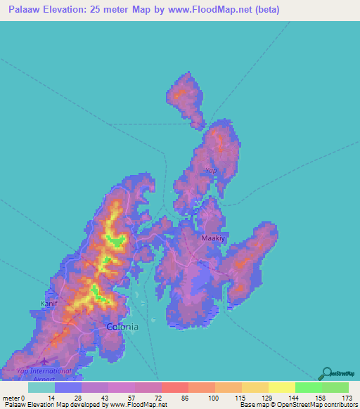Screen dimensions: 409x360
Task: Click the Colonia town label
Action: pyautogui.click(x=122, y=327)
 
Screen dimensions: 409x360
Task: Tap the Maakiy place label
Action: pyautogui.click(x=214, y=238)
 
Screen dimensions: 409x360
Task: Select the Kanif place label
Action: pyautogui.click(x=49, y=304)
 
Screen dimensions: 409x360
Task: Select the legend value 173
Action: pyautogui.click(x=347, y=398)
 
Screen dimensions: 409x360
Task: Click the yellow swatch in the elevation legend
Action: pyautogui.click(x=281, y=387)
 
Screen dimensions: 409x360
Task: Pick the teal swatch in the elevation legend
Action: pyautogui.click(x=41, y=387)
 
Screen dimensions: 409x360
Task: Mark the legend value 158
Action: pyautogui.click(x=321, y=398)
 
